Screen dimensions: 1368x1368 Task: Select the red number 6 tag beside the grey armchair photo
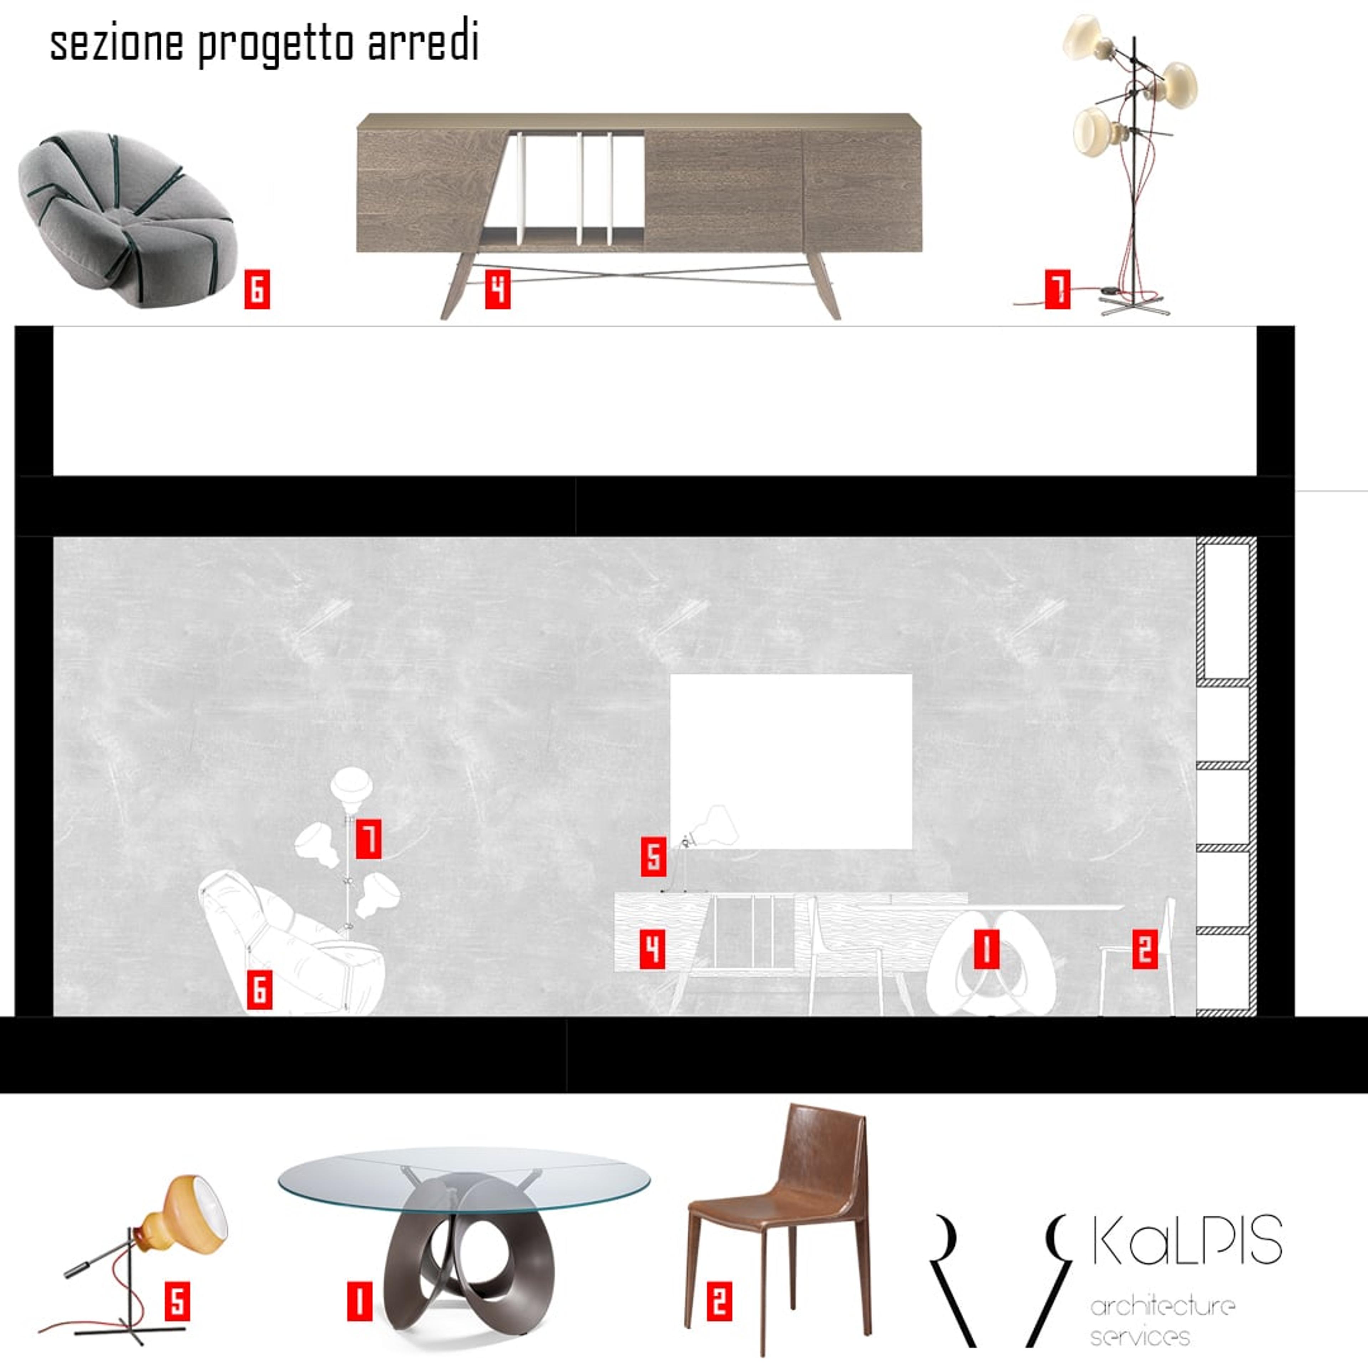pos(257,289)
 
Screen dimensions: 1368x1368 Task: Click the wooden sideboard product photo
pos(639,212)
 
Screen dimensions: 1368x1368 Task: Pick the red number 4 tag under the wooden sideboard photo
pos(498,289)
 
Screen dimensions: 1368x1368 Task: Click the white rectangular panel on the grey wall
pos(791,761)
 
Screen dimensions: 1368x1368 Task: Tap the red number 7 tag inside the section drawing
pos(368,839)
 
